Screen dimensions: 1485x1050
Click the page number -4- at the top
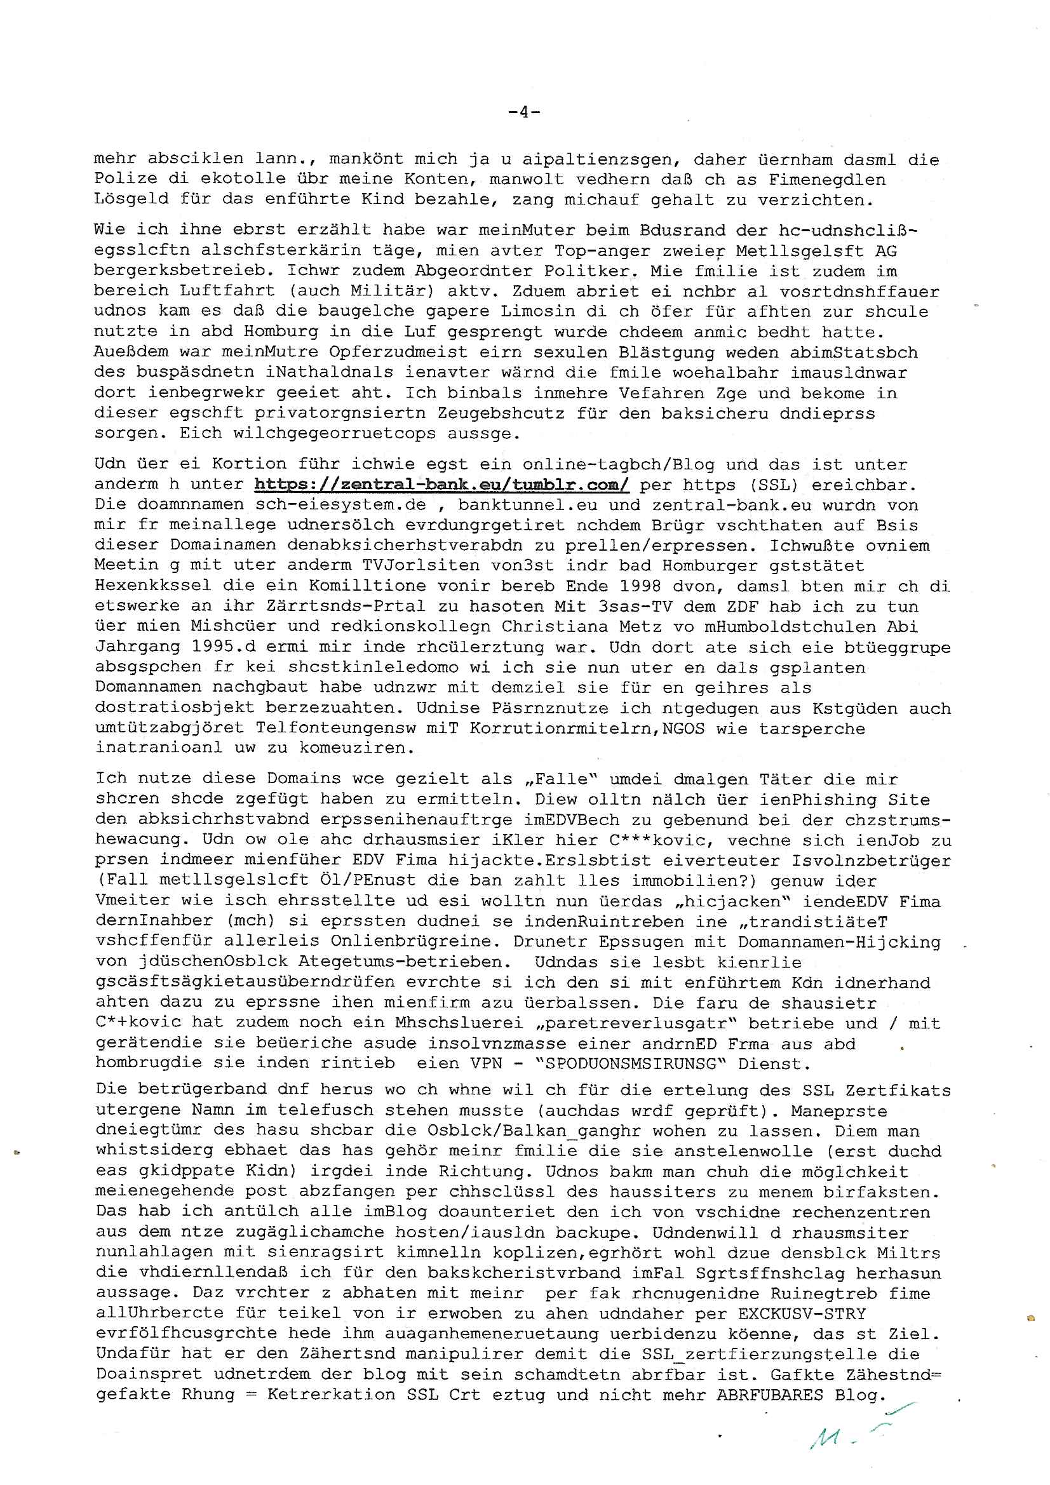pyautogui.click(x=524, y=112)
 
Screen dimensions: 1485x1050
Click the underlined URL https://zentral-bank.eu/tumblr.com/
pyautogui.click(x=442, y=485)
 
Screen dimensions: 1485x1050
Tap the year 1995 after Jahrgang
pyautogui.click(x=218, y=647)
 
